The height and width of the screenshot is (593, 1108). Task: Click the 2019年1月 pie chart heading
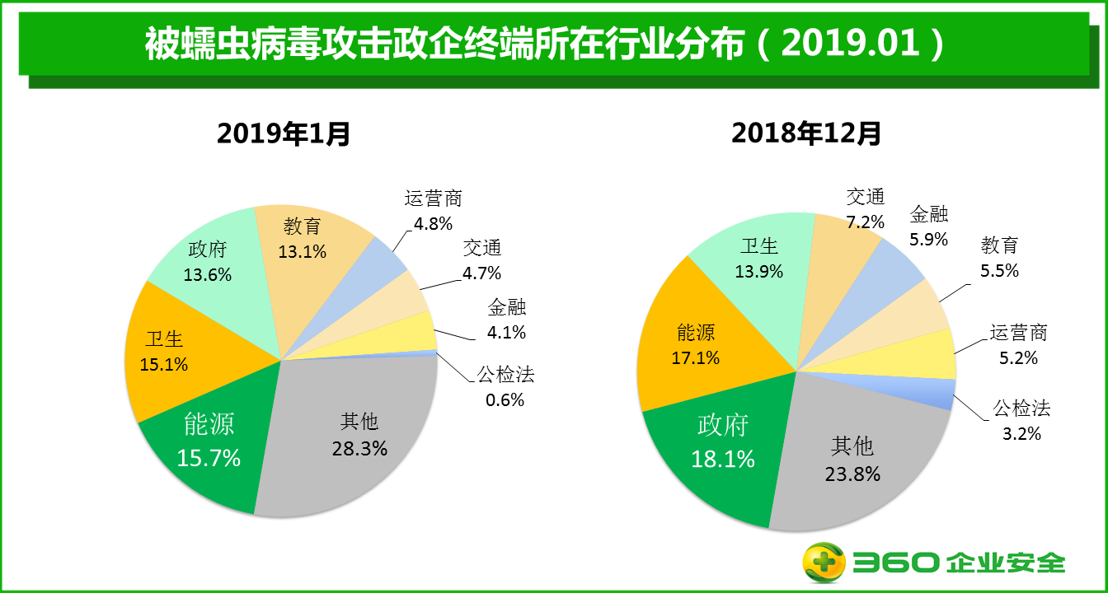click(284, 133)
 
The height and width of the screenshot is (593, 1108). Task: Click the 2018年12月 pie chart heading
click(806, 133)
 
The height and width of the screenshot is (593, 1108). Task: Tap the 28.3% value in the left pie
click(359, 448)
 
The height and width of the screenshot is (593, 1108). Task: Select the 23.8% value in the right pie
click(852, 474)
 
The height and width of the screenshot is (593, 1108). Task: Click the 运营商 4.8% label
click(433, 211)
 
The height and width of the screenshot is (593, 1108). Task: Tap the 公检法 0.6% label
click(505, 387)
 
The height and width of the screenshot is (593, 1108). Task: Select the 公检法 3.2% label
click(1021, 420)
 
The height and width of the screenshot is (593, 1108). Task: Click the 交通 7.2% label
click(865, 209)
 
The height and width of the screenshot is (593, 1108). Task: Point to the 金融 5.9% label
click(929, 226)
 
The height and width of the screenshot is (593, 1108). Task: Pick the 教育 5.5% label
click(999, 257)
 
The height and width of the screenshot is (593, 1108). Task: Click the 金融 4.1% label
click(506, 321)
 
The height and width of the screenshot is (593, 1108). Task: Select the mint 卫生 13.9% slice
click(759, 259)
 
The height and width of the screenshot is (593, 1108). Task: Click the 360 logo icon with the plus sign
click(824, 563)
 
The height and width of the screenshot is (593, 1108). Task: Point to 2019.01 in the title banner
click(850, 44)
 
